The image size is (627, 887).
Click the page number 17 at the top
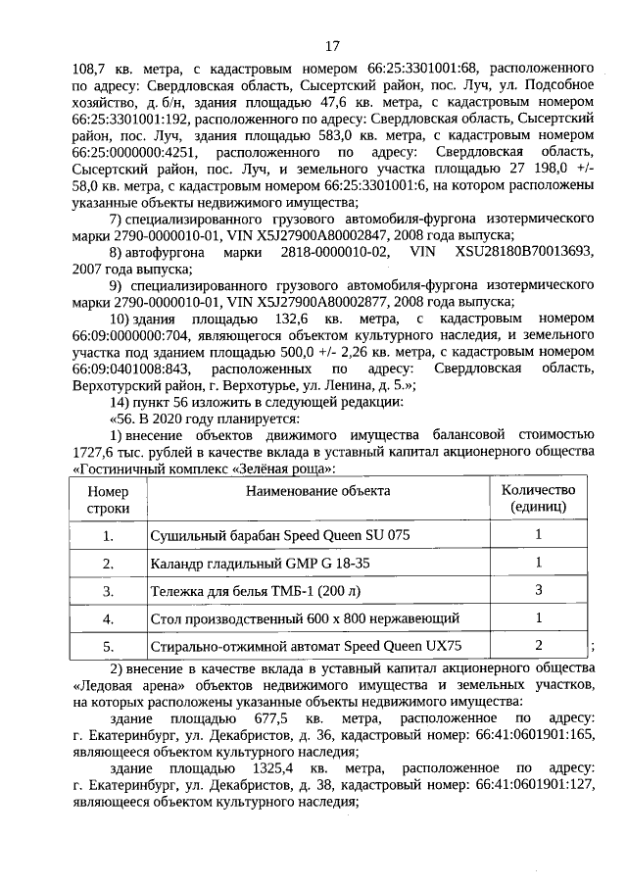click(x=332, y=45)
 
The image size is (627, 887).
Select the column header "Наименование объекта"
click(x=317, y=491)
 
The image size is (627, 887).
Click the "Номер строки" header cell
click(x=108, y=499)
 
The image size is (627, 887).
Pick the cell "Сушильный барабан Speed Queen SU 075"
click(x=279, y=535)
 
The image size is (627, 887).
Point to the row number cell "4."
click(x=108, y=619)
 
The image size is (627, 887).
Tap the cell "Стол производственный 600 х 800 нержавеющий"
click(x=305, y=619)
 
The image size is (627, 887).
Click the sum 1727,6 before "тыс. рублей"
click(x=95, y=451)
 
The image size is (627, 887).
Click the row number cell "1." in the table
click(x=108, y=535)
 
